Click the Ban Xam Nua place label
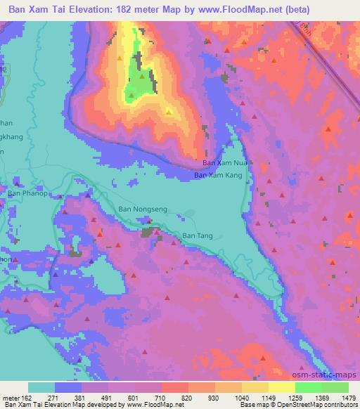pos(221,162)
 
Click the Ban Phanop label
pos(27,193)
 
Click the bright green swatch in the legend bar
pos(308,387)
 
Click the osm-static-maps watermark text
pos(329,374)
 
